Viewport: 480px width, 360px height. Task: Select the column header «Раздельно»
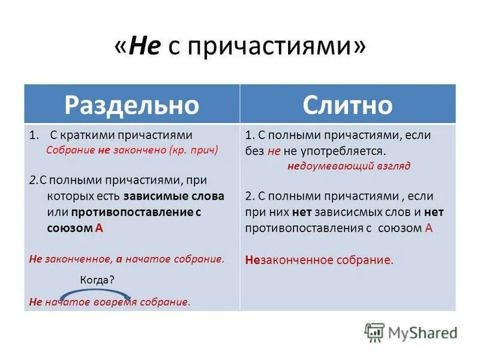coord(131,104)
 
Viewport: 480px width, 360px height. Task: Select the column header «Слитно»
coord(347,104)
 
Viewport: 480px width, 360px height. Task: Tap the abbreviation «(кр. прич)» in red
coord(193,151)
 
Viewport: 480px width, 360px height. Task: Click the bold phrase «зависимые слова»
coord(174,196)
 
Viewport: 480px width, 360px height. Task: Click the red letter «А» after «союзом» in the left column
coord(99,228)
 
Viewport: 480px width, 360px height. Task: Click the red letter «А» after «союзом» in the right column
coord(428,228)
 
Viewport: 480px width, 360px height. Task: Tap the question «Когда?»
coord(97,280)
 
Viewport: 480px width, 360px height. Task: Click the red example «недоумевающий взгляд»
coord(348,166)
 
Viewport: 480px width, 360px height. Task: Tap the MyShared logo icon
coord(374,332)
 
